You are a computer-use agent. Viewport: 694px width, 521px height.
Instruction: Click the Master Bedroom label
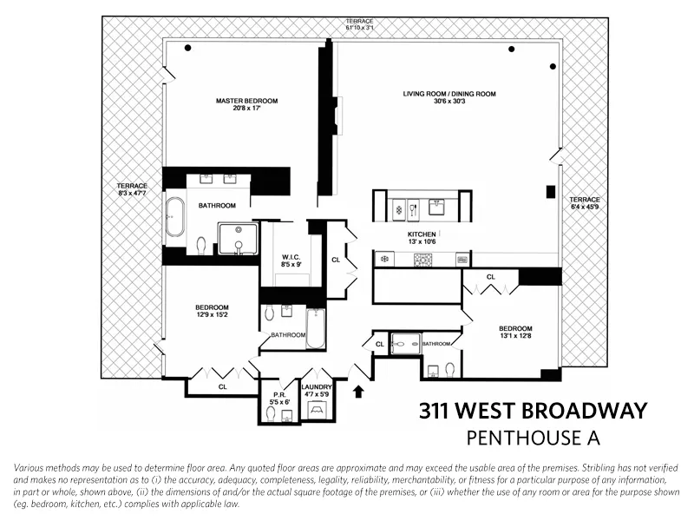pos(247,101)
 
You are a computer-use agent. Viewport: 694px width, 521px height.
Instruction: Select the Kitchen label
pos(422,234)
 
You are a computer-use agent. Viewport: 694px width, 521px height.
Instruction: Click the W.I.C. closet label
pos(291,256)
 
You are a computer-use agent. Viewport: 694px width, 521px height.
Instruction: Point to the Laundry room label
pos(312,388)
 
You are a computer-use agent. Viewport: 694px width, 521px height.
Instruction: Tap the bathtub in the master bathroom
pos(175,217)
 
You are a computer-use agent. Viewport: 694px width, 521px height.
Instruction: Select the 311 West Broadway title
pos(533,410)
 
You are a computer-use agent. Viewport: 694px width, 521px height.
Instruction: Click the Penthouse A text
pos(533,437)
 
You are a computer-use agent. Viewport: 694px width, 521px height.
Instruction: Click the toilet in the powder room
pos(272,415)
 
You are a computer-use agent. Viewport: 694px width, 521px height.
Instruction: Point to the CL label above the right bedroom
pos(490,277)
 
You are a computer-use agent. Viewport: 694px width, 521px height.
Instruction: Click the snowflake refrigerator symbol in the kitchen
pos(383,260)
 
